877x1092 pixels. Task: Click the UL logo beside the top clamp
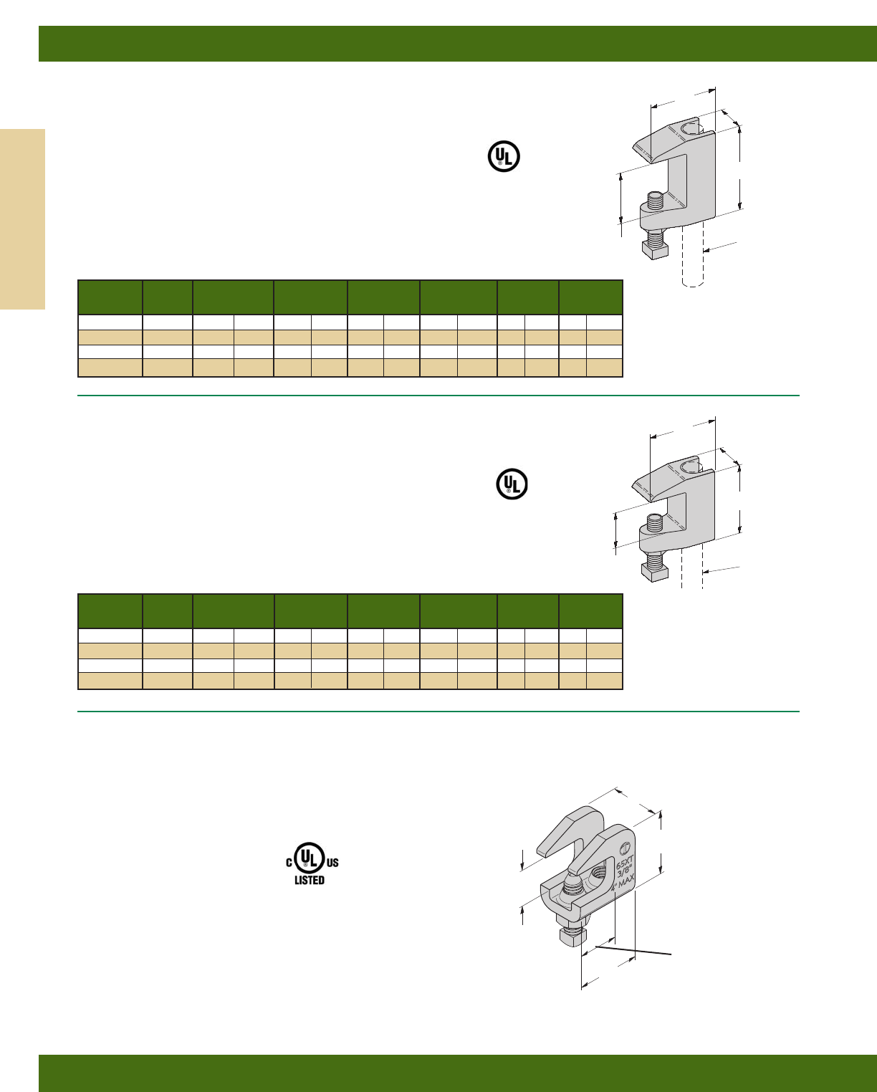pos(504,155)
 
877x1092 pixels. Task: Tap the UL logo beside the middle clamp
pos(512,484)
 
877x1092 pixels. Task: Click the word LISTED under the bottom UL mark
pos(310,880)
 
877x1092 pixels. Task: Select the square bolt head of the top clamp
pos(655,249)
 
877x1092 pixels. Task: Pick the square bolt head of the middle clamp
pos(654,571)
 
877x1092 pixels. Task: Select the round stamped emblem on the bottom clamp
pos(626,840)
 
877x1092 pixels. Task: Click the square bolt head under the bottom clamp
pos(573,934)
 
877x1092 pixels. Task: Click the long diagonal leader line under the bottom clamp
pos(634,951)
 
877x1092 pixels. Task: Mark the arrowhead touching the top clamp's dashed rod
pos(706,250)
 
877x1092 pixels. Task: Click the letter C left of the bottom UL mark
pos(289,863)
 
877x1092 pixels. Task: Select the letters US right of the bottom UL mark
pos(332,863)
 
